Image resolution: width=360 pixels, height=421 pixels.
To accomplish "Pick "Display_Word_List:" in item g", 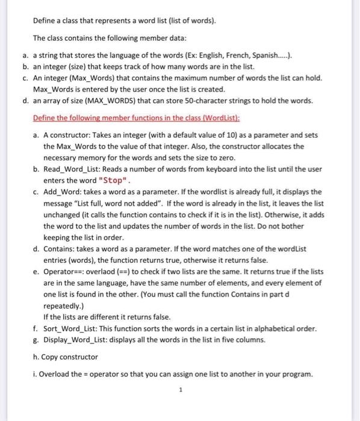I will point(81,340).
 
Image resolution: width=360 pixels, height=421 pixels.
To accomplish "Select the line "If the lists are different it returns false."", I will point(107,316).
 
